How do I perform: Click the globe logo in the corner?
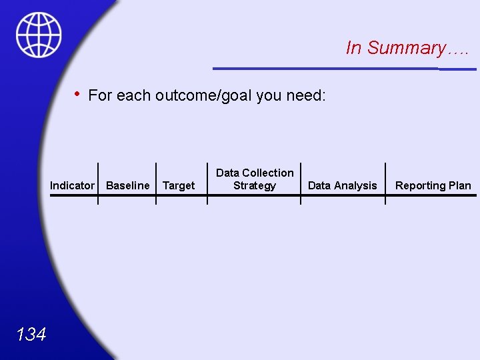(39, 35)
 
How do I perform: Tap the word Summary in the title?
(407, 48)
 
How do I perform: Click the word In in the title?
(354, 48)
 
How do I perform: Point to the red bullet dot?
(77, 94)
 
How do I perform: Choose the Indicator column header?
(72, 186)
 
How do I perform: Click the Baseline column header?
(128, 186)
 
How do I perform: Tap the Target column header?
(179, 186)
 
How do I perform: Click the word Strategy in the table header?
(254, 186)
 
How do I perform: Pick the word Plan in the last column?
(459, 186)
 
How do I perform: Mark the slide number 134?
(31, 334)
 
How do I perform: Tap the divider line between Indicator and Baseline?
(98, 183)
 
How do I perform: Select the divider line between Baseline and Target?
(156, 183)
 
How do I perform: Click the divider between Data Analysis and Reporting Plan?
(385, 183)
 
